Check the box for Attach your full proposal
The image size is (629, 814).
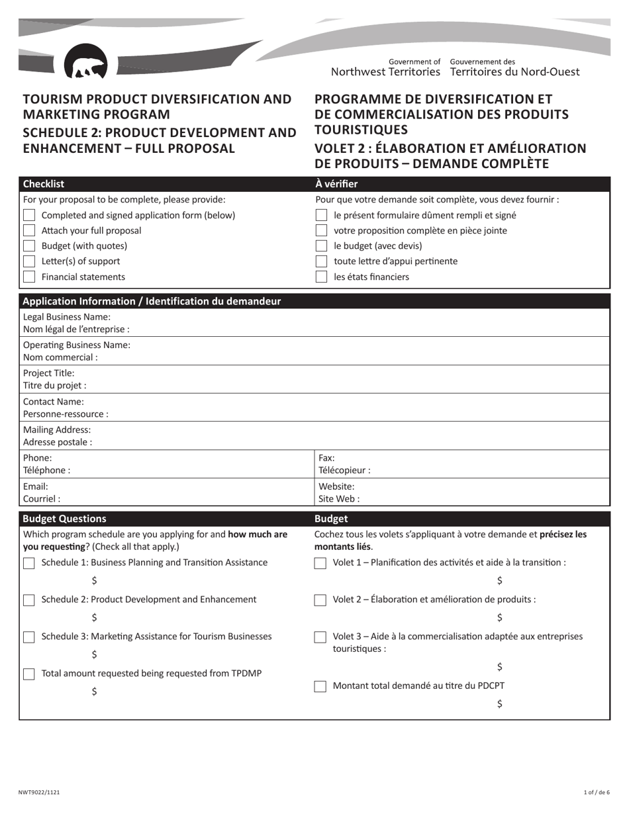click(29, 230)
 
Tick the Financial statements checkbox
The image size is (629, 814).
click(29, 277)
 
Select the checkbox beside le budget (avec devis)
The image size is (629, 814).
click(321, 246)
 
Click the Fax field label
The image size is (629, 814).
click(327, 458)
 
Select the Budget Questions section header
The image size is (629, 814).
click(64, 519)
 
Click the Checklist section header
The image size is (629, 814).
click(44, 184)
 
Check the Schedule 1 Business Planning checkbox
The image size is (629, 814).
click(29, 563)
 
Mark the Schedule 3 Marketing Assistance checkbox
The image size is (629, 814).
click(29, 637)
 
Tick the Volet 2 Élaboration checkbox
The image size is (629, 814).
click(320, 600)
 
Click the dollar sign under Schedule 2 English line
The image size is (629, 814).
click(95, 617)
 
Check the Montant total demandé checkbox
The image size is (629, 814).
click(320, 686)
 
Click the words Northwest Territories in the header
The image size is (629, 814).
click(385, 71)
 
